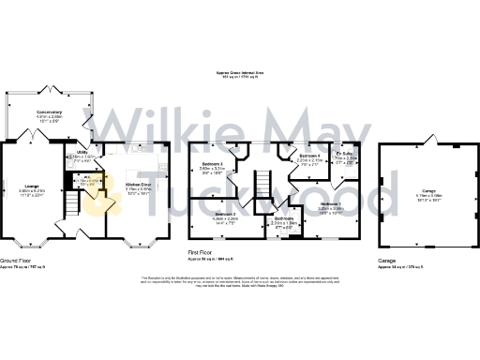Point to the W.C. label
(x=85, y=176)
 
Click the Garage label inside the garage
(x=429, y=190)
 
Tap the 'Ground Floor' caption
(x=19, y=259)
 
